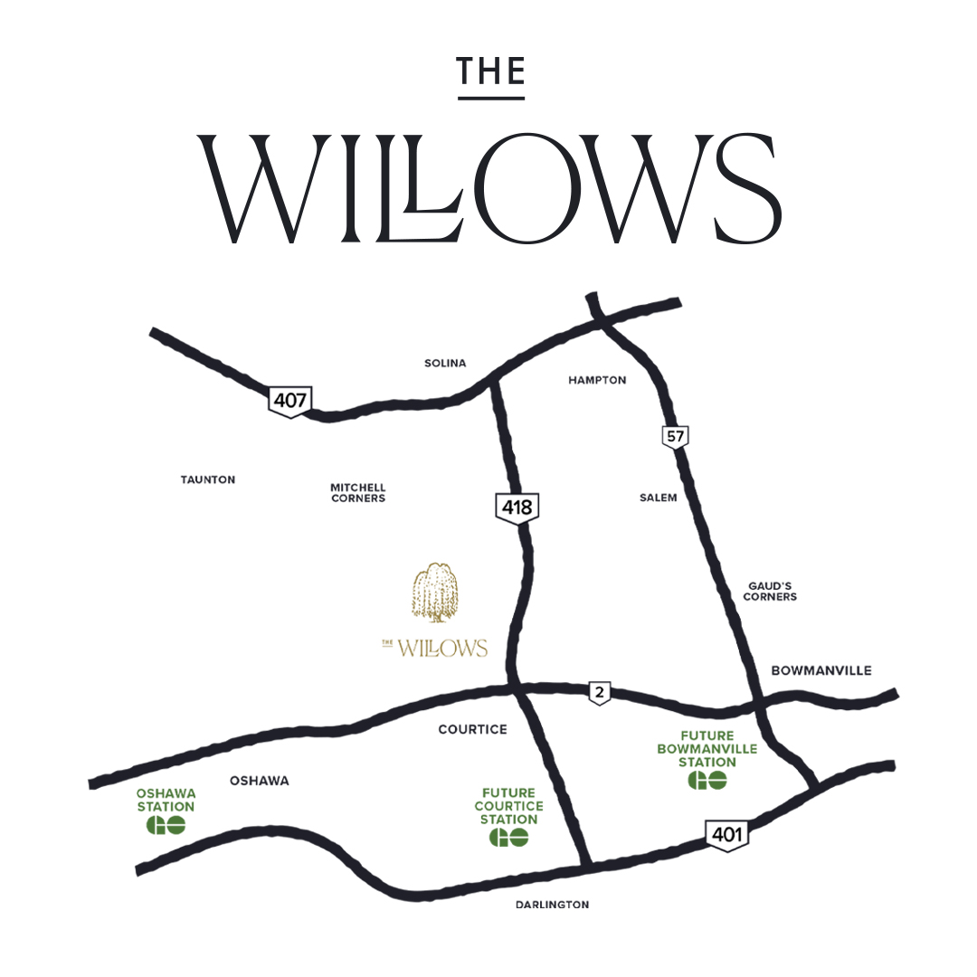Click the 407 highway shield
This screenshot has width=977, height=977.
coord(289,400)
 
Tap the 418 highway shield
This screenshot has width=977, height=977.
coord(517,507)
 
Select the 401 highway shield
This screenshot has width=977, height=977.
coord(727,834)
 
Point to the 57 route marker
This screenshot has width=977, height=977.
coord(675,437)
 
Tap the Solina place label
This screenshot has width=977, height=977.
coord(445,363)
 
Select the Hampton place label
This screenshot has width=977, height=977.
coord(597,380)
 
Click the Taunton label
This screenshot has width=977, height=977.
coord(208,479)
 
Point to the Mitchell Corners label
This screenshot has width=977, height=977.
coord(358,492)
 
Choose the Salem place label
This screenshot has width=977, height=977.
coord(658,498)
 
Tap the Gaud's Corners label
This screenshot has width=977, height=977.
coord(771,592)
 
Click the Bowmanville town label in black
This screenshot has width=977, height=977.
coord(821,670)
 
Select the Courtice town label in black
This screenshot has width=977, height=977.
coord(472,729)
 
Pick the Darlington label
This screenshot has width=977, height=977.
coord(552,905)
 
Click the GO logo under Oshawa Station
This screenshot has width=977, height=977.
coord(166,825)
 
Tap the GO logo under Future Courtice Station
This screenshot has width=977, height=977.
coord(508,838)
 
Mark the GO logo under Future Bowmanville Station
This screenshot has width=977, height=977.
coord(707,780)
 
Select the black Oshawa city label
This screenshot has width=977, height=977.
coord(260,781)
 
